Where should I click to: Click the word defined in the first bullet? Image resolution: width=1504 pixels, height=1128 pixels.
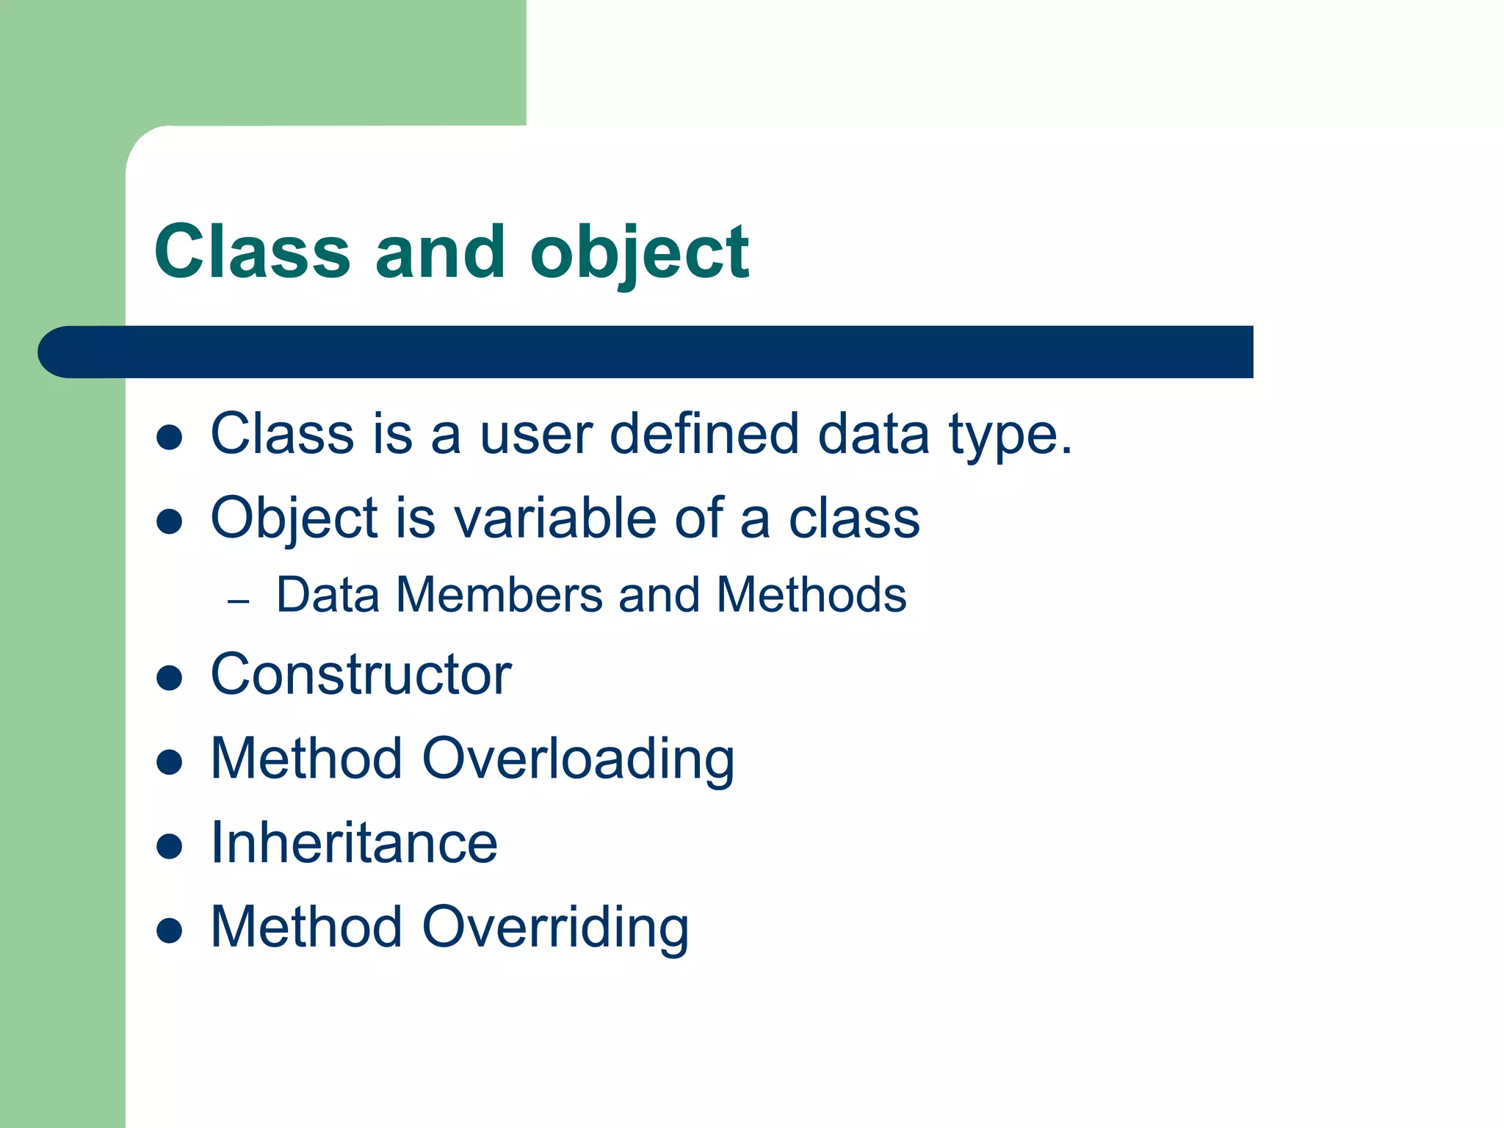704,434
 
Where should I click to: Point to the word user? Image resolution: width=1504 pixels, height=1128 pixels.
535,435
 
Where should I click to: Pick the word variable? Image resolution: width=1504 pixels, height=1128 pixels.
555,518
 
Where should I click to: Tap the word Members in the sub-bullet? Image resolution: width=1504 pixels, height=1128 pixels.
499,594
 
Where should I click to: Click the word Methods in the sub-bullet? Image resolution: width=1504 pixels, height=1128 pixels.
811,594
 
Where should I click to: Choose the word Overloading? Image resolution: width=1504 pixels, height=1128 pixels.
578,760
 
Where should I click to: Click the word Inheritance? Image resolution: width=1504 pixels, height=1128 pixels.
354,843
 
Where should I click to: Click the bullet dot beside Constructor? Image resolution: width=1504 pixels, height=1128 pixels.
170,678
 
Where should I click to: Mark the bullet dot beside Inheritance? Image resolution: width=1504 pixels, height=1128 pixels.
170,846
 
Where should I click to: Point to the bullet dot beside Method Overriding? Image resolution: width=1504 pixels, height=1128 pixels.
170,930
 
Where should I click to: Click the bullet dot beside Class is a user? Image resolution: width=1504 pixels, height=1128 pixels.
170,438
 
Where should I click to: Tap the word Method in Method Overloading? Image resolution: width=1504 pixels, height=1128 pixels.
306,759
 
